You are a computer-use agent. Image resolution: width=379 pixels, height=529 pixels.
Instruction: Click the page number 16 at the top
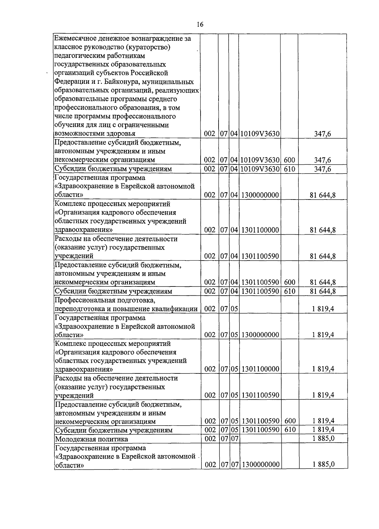[x=200, y=25]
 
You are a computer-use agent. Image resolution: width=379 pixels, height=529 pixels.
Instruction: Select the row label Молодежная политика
[x=92, y=439]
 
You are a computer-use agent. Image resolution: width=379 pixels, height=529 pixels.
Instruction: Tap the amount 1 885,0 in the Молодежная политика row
[x=323, y=438]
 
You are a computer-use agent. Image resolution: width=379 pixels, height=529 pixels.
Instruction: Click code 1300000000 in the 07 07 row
[x=261, y=464]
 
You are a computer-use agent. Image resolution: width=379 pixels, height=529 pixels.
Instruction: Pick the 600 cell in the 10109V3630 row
[x=290, y=160]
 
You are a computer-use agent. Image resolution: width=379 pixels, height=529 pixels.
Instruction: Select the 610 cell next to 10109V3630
[x=290, y=169]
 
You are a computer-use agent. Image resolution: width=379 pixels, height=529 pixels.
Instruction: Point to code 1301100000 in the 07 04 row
[x=261, y=230]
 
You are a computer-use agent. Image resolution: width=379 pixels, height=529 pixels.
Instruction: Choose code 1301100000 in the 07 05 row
[x=261, y=369]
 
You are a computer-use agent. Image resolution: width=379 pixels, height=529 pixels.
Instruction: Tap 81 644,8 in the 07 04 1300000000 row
[x=322, y=195]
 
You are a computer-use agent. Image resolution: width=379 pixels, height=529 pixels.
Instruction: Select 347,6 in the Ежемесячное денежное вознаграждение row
[x=322, y=134]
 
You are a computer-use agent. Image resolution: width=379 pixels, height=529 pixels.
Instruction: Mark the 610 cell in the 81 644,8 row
[x=290, y=291]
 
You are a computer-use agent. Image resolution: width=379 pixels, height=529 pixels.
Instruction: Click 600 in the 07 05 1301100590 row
[x=290, y=421]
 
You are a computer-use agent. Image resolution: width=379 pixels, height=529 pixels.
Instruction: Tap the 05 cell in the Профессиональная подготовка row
[x=234, y=309]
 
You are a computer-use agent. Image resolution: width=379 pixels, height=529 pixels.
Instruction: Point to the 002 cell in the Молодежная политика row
[x=210, y=439]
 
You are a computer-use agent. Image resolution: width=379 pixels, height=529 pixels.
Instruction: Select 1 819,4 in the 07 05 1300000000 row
[x=323, y=335]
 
